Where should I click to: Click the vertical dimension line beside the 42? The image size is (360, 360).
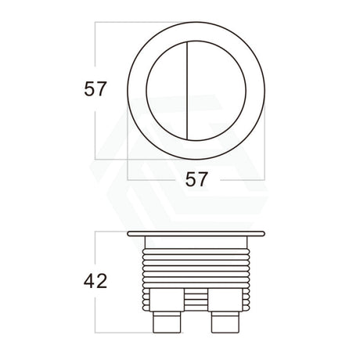click(95, 250)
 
